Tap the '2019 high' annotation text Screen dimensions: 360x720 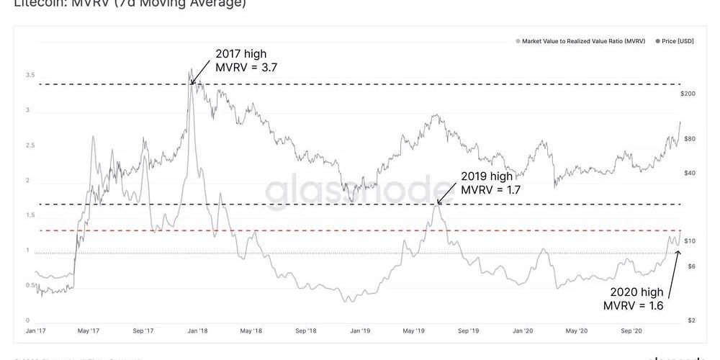487,176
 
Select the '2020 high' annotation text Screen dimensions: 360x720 636,292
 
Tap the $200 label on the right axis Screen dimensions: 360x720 688,94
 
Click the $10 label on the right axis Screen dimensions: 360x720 690,240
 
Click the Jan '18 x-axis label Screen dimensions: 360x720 197,331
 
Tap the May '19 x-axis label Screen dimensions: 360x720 413,331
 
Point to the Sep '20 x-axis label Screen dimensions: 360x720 631,331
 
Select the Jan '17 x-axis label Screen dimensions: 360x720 35,331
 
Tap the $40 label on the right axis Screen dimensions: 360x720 690,173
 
